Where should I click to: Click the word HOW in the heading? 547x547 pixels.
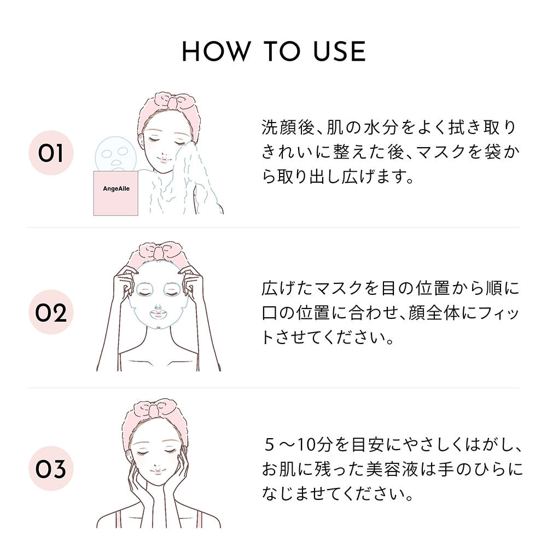pos(216,51)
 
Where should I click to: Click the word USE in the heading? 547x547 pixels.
pos(340,51)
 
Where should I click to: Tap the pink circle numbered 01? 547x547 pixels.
pos(51,153)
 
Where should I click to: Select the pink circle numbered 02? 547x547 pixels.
pos(51,312)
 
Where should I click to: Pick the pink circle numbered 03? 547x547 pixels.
pos(51,468)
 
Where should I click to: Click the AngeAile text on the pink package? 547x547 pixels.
pos(116,189)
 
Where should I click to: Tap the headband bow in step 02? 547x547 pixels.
pos(159,250)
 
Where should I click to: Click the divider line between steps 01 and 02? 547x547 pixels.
pos(273,228)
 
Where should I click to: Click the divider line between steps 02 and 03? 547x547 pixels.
pos(273,388)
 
